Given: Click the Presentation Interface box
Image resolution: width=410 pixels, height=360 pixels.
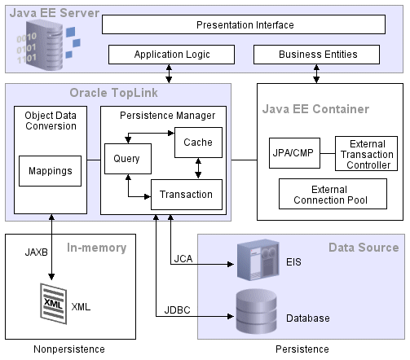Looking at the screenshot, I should (245, 24).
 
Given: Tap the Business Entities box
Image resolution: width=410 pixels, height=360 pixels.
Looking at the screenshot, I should (317, 55).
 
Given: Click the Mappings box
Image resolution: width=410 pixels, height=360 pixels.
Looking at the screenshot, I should (51, 171).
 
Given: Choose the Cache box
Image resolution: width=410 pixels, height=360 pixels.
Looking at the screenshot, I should (197, 143).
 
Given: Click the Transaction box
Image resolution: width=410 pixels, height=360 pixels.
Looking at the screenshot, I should (187, 194).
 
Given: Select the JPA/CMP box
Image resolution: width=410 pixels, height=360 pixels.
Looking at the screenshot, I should (291, 151).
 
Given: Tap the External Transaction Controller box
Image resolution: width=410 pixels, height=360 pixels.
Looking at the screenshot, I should (366, 154).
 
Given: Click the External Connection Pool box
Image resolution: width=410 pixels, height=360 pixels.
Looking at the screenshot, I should (333, 193).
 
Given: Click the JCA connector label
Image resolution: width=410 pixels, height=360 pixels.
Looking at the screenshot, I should (183, 258).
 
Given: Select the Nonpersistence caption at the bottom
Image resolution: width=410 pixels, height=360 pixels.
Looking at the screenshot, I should (69, 349).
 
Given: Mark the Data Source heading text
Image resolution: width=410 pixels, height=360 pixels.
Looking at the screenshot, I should (363, 247).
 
